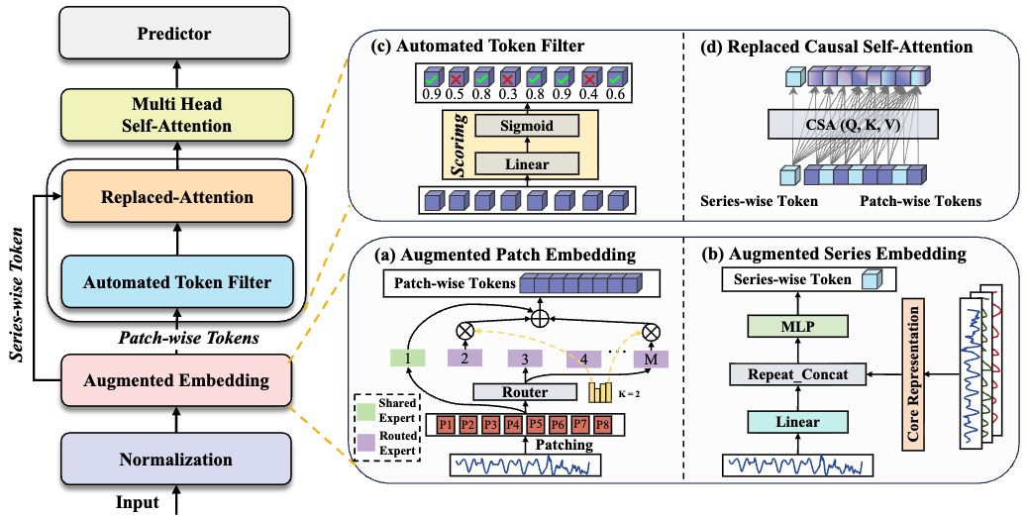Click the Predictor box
[x=174, y=34]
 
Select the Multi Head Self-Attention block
[x=174, y=114]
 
